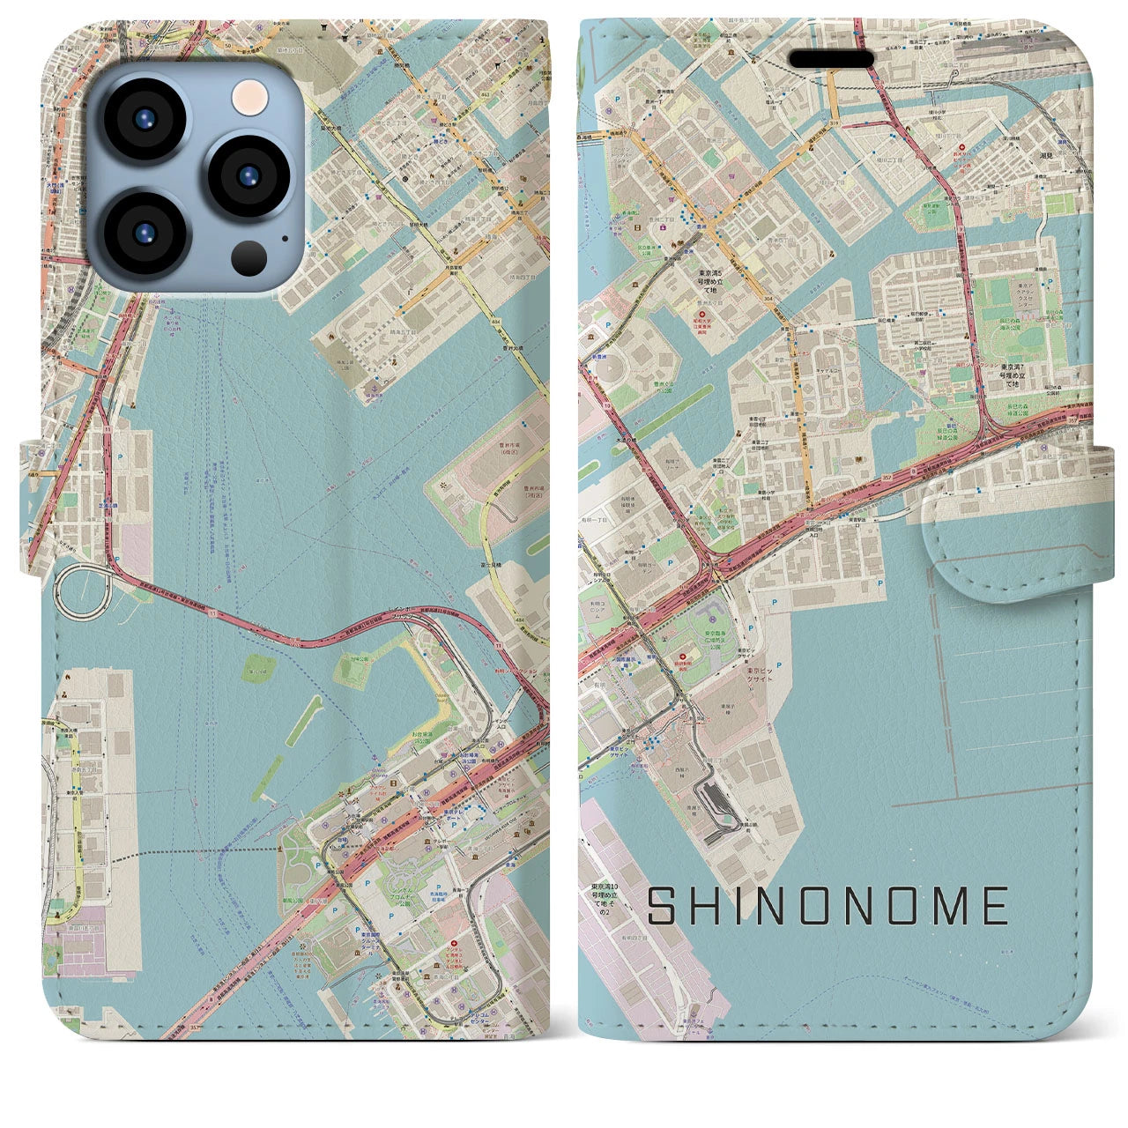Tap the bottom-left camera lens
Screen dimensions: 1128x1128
144,231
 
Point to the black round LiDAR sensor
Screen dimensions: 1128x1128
249,257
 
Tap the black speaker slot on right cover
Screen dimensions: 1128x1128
831,58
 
